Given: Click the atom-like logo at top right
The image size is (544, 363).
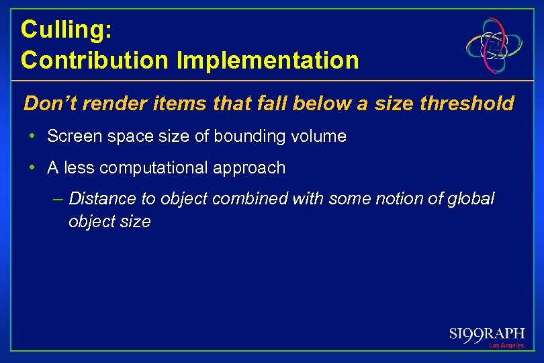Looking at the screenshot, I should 496,46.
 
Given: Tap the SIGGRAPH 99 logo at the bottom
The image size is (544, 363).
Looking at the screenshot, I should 486,333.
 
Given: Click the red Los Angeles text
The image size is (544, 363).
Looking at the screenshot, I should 506,346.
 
